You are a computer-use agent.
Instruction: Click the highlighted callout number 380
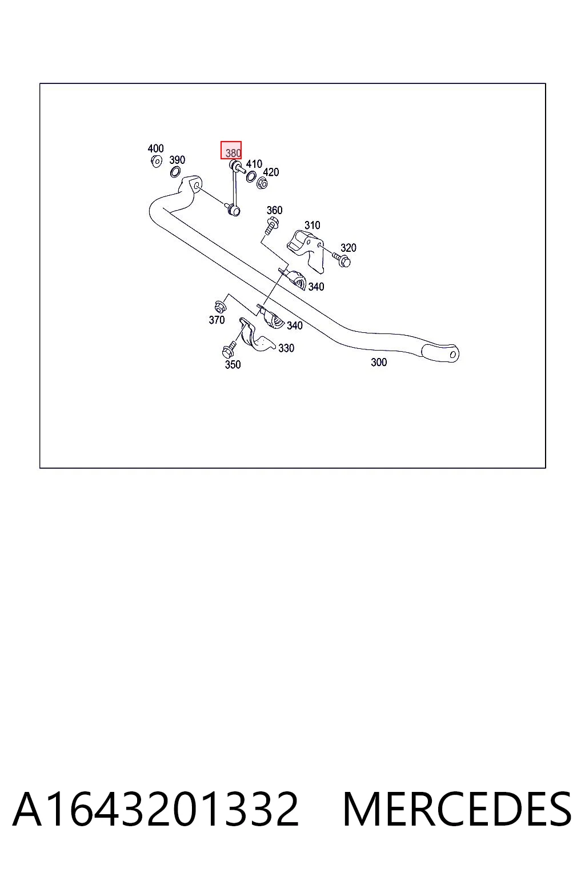point(233,152)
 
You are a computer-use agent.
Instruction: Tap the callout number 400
point(155,148)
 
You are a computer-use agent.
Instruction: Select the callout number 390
point(177,160)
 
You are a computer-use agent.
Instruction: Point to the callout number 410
point(254,164)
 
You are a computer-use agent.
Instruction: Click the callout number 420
point(271,172)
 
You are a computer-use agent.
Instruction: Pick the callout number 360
point(274,210)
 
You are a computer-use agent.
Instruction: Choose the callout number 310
point(312,225)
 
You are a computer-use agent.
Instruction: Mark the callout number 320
point(348,247)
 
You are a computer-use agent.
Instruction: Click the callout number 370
point(217,320)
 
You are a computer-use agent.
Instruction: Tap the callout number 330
point(286,348)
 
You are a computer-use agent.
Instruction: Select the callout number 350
point(233,364)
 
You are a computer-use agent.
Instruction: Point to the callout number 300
point(379,362)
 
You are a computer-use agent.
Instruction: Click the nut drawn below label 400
point(157,161)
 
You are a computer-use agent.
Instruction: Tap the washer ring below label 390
point(175,171)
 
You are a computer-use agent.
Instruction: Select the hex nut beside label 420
point(262,183)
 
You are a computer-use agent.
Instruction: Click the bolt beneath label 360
point(271,226)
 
